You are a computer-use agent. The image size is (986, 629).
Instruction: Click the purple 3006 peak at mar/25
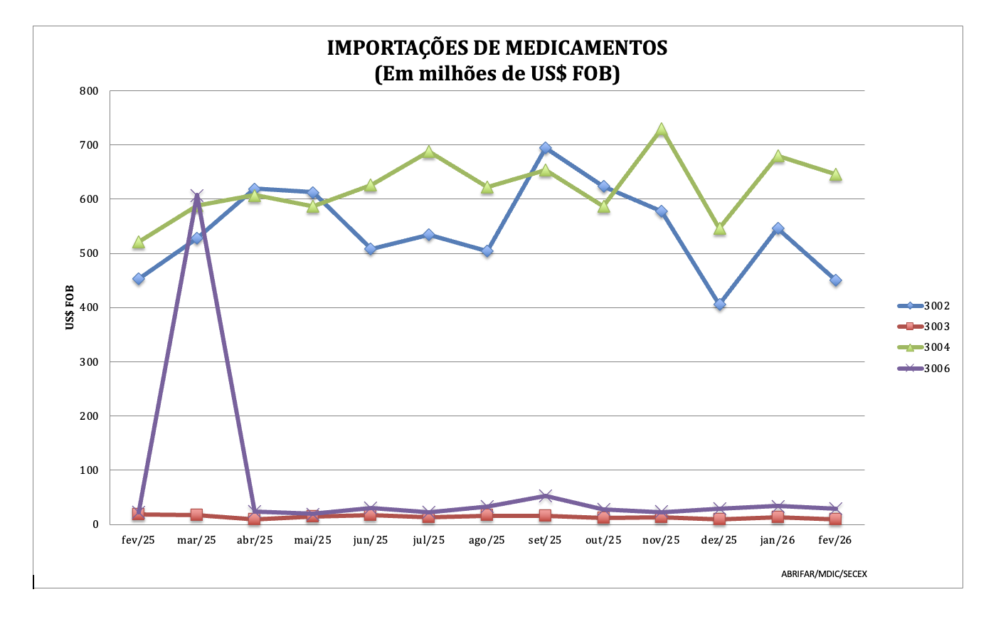[x=197, y=196]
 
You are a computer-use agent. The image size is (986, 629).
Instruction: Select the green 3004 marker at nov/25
[x=662, y=130]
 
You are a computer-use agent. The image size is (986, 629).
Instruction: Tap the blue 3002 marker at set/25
[x=546, y=148]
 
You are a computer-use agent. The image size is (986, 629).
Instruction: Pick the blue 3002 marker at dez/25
[x=720, y=304]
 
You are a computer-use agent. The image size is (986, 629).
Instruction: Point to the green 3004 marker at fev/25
[x=139, y=243]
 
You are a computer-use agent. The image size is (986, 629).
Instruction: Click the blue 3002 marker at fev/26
[x=836, y=280]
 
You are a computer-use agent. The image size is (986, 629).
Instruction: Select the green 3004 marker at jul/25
[x=429, y=152]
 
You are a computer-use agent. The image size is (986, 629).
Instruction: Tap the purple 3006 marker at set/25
[x=546, y=496]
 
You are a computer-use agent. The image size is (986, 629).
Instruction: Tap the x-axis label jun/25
[x=371, y=540]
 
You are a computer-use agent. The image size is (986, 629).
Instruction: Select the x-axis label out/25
[x=603, y=540]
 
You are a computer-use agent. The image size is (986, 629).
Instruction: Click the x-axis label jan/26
[x=778, y=540]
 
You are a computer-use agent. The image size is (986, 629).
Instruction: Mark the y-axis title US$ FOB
[x=70, y=307]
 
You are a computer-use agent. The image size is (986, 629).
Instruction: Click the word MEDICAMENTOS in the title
[x=586, y=48]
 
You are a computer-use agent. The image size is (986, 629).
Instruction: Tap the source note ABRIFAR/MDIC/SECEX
[x=824, y=573]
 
